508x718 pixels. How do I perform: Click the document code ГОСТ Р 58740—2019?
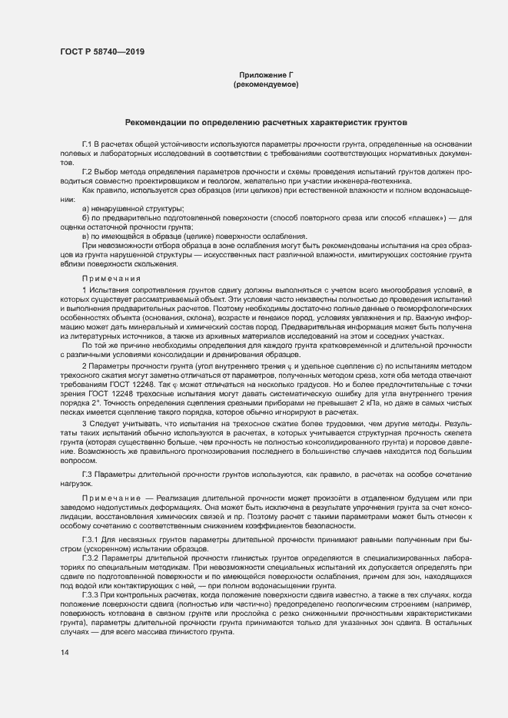click(101, 51)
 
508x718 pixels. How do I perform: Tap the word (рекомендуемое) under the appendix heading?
click(266, 84)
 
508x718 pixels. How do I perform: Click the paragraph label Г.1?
click(88, 145)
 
